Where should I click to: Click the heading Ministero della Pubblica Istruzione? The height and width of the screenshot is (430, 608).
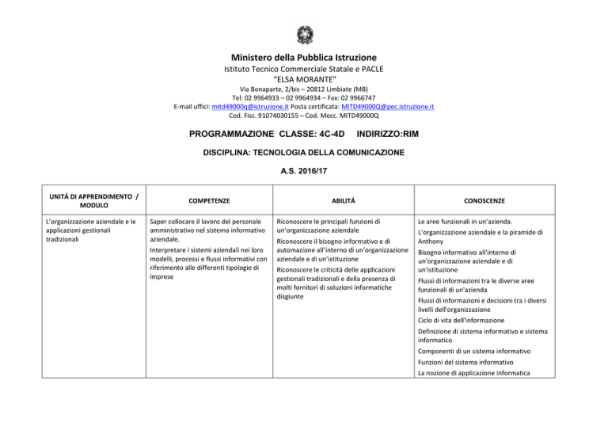304,58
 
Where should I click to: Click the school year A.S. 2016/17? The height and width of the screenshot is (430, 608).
304,169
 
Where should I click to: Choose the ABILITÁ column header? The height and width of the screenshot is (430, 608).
338,201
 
